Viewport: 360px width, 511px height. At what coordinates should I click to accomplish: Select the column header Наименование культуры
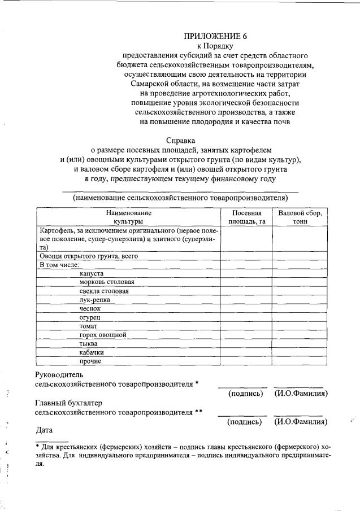pos(129,217)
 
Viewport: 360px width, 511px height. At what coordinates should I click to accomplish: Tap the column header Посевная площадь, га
pos(246,217)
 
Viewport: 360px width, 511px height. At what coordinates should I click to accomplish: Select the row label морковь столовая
pos(107,282)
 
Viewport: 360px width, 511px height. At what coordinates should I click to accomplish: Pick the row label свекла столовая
pos(105,291)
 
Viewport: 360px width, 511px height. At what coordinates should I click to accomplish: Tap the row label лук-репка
pos(95,299)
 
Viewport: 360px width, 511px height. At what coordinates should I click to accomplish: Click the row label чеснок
pos(90,308)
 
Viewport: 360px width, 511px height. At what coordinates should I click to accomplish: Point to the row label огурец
pos(90,317)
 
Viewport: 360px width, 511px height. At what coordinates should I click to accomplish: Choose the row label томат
pos(89,326)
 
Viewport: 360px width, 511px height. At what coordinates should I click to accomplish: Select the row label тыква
pos(89,343)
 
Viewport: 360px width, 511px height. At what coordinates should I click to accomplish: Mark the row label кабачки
pos(92,352)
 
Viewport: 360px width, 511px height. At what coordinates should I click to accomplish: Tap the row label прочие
pos(90,361)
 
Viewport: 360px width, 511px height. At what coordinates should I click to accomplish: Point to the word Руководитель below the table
pos(59,374)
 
